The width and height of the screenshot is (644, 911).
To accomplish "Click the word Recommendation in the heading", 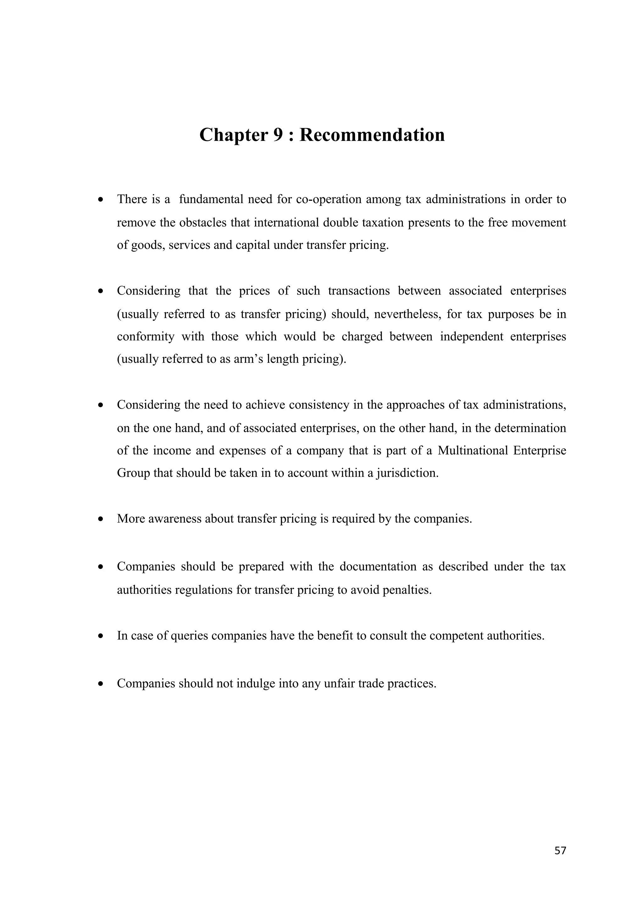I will (372, 135).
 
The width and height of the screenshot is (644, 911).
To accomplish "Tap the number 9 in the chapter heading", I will (277, 135).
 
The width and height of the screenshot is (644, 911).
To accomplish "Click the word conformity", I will (146, 336).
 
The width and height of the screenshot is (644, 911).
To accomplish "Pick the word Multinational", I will (473, 451).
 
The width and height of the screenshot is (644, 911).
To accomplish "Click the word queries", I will (189, 636).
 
